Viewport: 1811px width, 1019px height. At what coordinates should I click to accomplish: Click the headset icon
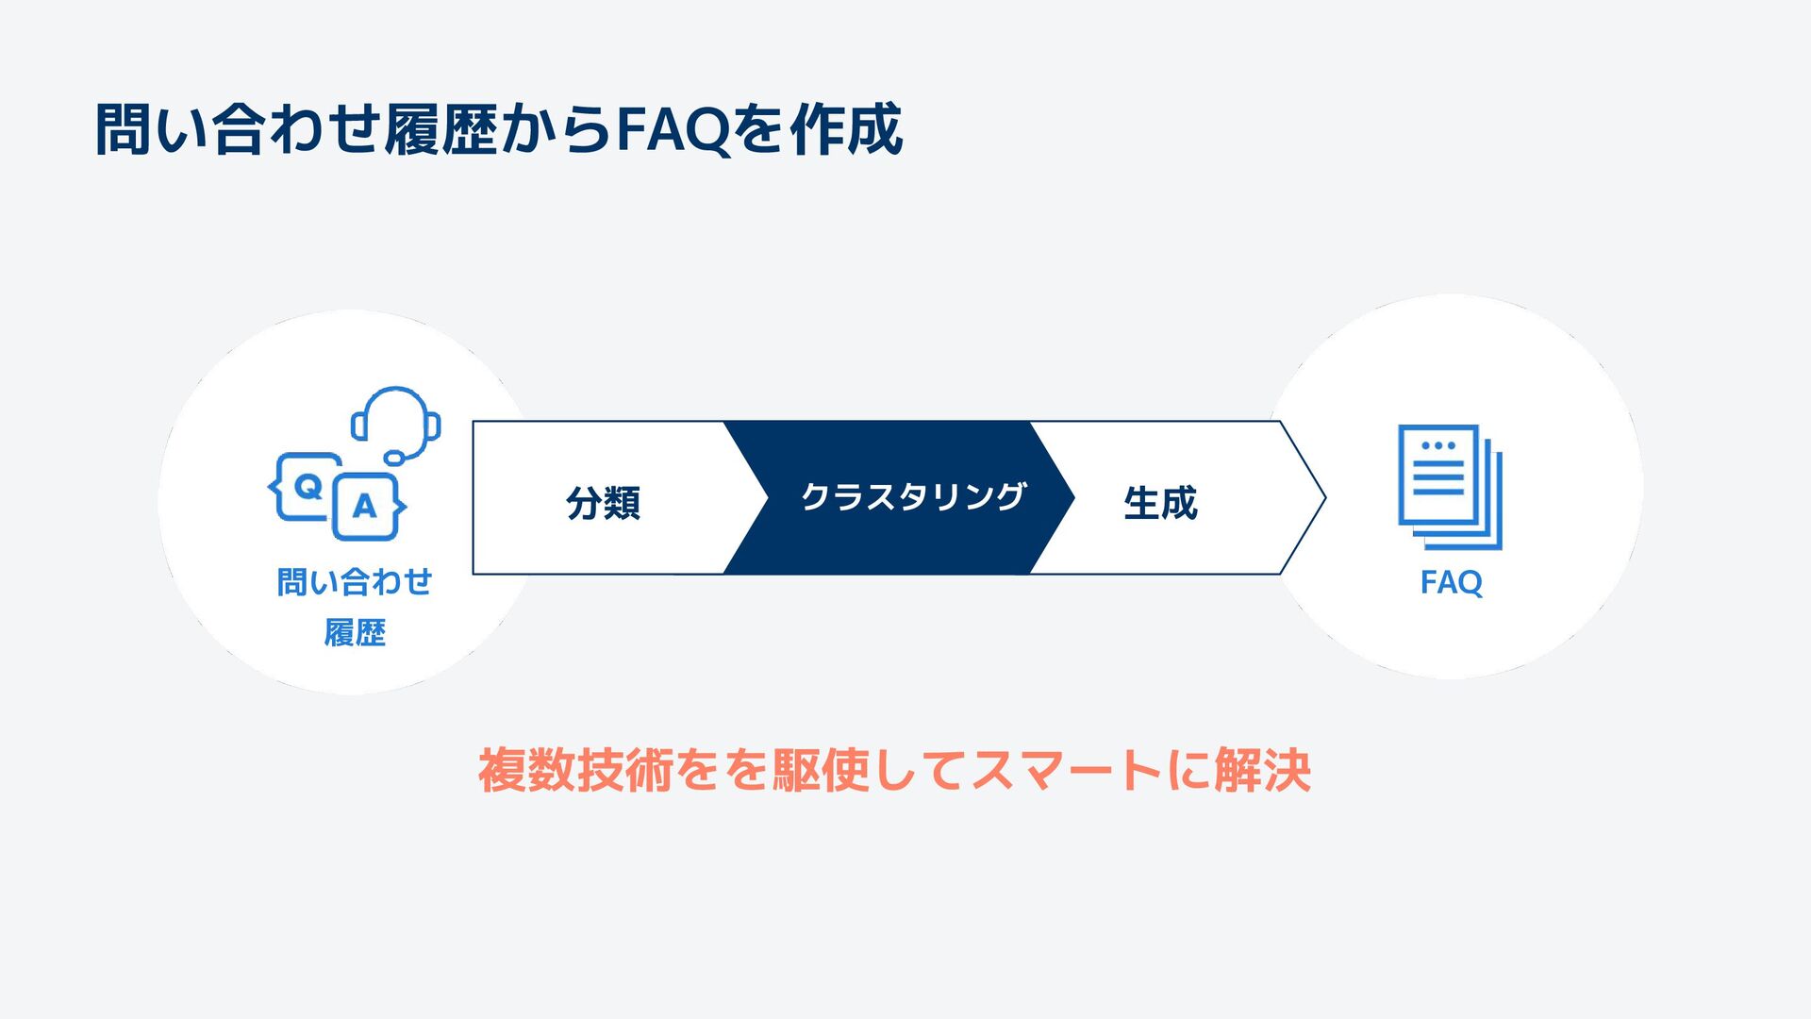(x=397, y=424)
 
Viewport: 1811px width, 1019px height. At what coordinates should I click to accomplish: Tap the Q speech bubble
(x=307, y=487)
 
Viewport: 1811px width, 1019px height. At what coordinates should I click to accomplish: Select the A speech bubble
(x=365, y=507)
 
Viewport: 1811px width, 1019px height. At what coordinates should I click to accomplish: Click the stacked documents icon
(x=1449, y=487)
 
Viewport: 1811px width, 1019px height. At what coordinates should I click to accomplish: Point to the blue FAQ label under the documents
(x=1451, y=582)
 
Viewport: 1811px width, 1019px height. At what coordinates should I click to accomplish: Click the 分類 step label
(x=603, y=502)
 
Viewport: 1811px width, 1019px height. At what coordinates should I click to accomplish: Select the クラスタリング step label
(x=912, y=497)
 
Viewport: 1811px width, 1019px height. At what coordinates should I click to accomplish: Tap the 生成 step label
(x=1160, y=502)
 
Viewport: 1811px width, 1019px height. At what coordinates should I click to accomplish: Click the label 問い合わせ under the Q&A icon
(x=355, y=582)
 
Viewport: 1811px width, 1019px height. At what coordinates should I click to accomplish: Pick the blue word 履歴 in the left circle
(x=355, y=632)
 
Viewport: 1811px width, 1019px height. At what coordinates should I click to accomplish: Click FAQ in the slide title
(x=673, y=130)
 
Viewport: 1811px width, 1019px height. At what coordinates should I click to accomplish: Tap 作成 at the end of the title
(x=846, y=130)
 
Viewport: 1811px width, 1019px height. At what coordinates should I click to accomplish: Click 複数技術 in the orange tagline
(x=574, y=771)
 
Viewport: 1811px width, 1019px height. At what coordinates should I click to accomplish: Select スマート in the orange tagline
(x=1065, y=771)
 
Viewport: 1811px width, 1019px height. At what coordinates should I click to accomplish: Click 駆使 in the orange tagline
(x=821, y=771)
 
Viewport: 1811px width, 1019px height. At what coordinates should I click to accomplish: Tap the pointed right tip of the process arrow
(x=1322, y=497)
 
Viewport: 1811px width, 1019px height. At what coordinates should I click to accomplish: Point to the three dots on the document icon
(x=1438, y=445)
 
